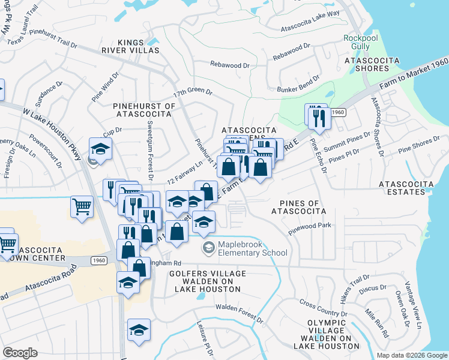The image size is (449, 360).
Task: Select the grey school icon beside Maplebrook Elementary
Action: pyautogui.click(x=208, y=248)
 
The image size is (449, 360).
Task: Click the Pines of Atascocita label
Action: pyautogui.click(x=298, y=207)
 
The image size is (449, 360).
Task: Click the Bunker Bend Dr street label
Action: pyautogui.click(x=301, y=90)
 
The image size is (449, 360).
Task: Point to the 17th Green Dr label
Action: pyautogui.click(x=193, y=94)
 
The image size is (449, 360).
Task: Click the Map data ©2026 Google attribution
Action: pyautogui.click(x=412, y=355)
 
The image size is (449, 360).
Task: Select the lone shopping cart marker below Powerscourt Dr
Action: pyautogui.click(x=82, y=208)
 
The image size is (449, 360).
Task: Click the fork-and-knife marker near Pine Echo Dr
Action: pyautogui.click(x=316, y=116)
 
